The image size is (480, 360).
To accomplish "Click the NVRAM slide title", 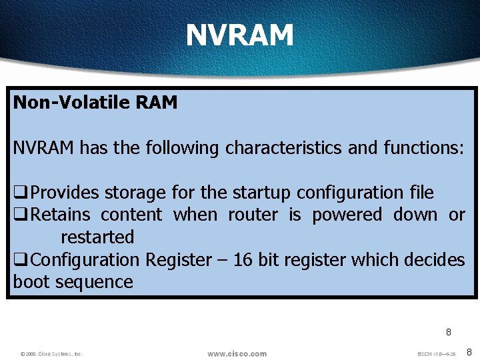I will [239, 35].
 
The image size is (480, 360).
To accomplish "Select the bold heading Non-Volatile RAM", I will [95, 103].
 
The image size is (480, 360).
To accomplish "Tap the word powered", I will [347, 215].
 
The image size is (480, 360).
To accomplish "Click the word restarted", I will [97, 237].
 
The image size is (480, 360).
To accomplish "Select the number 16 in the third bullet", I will [243, 260].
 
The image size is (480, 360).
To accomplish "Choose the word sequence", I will [94, 282].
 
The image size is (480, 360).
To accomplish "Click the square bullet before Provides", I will [20, 194].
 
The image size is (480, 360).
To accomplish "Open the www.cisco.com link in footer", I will [237, 353].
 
